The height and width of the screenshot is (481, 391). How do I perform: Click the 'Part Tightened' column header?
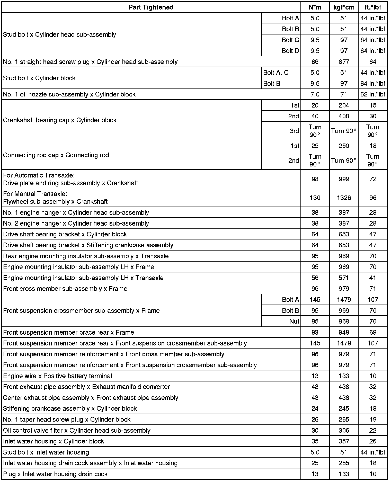(x=151, y=7)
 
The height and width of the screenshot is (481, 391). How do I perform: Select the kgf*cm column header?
(x=344, y=7)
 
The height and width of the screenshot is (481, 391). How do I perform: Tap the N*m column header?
(x=315, y=7)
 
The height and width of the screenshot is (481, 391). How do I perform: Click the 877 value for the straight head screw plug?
(x=344, y=62)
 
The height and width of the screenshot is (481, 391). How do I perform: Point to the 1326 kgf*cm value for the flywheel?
(x=344, y=198)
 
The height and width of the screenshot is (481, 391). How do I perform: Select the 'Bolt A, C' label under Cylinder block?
(x=276, y=73)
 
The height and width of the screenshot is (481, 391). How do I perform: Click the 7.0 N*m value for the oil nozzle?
(x=315, y=94)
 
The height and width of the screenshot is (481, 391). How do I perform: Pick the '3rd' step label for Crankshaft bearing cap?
(x=294, y=131)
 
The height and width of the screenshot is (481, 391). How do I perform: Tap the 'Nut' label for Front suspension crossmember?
(x=294, y=321)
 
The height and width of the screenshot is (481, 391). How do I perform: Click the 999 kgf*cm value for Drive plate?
(x=344, y=179)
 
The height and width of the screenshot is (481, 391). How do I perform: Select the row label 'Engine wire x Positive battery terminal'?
(x=58, y=376)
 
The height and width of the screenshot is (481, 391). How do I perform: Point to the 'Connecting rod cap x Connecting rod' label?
(x=56, y=155)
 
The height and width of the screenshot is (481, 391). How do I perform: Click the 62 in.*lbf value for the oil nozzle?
(x=373, y=94)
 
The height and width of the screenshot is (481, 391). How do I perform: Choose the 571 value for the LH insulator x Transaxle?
(x=344, y=278)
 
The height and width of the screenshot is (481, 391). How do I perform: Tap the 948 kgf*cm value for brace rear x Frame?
(x=344, y=332)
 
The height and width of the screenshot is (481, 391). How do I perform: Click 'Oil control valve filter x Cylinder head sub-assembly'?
(x=77, y=430)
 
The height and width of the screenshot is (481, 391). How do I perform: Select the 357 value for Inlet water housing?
(x=344, y=441)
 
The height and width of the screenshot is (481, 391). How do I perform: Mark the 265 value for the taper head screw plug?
(x=344, y=420)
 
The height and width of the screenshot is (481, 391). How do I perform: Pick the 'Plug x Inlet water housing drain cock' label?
(x=55, y=474)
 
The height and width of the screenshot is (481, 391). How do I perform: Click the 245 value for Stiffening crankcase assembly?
(x=344, y=408)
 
